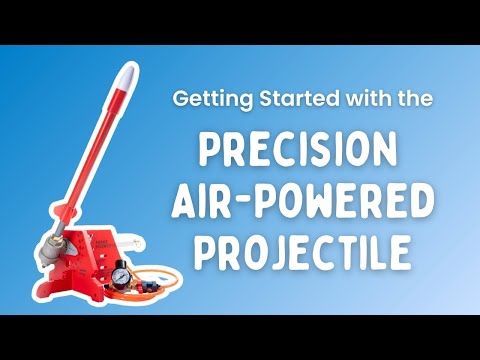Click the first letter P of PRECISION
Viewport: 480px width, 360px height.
tap(210, 151)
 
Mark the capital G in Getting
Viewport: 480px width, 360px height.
tap(180, 101)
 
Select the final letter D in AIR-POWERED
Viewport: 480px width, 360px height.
tap(421, 201)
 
